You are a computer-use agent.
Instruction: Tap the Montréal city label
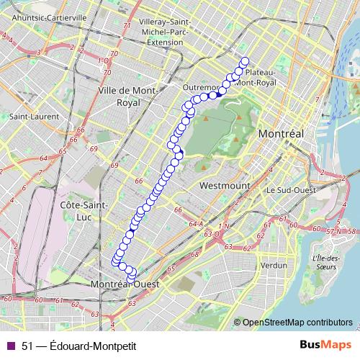point(282,135)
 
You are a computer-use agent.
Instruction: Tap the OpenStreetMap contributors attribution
point(297,322)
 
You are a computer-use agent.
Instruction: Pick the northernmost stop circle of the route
point(244,61)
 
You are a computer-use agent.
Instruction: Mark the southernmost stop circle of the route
point(130,278)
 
